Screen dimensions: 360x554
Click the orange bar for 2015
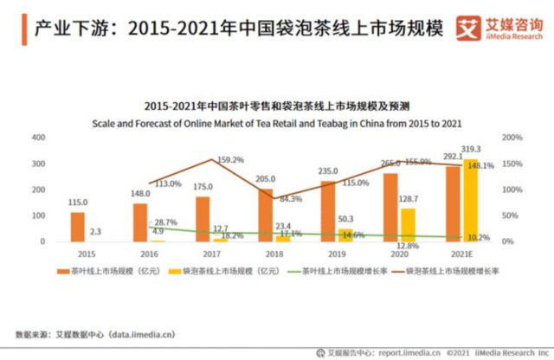click(78, 226)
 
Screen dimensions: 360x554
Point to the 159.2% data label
click(230, 159)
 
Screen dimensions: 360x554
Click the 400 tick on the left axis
click(39, 138)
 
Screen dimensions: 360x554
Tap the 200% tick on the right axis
click(512, 138)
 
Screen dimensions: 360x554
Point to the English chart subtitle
click(276, 123)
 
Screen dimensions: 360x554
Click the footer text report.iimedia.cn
click(408, 352)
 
